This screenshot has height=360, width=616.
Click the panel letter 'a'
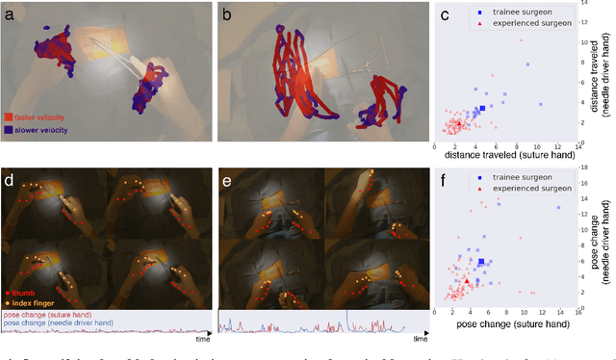pos(10,14)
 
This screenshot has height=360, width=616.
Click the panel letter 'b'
pos(227,14)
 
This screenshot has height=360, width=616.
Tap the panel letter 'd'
pos(9,181)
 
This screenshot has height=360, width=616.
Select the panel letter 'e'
pos(227,181)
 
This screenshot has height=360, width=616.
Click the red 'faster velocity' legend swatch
pos(9,117)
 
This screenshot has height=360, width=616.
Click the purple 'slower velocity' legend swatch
pos(9,130)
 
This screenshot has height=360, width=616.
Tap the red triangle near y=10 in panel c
pos(521,40)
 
